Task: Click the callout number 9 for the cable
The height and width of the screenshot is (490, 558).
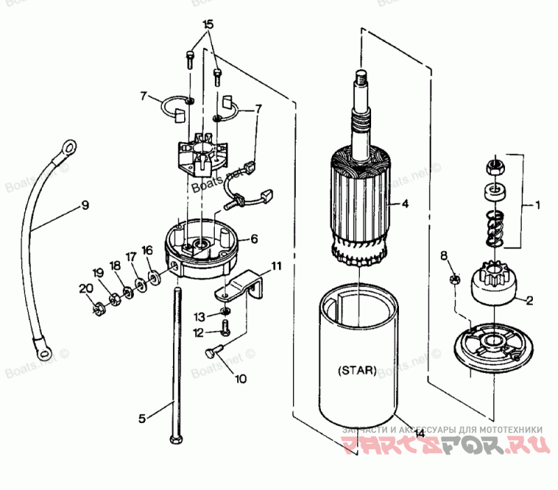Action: pos(84,205)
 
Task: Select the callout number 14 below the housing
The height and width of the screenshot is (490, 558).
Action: pos(419,433)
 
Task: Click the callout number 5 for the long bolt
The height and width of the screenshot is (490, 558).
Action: pos(142,419)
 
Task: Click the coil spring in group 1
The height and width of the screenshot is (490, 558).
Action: pos(494,228)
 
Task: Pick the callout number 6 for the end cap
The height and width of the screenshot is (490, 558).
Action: pos(254,239)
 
